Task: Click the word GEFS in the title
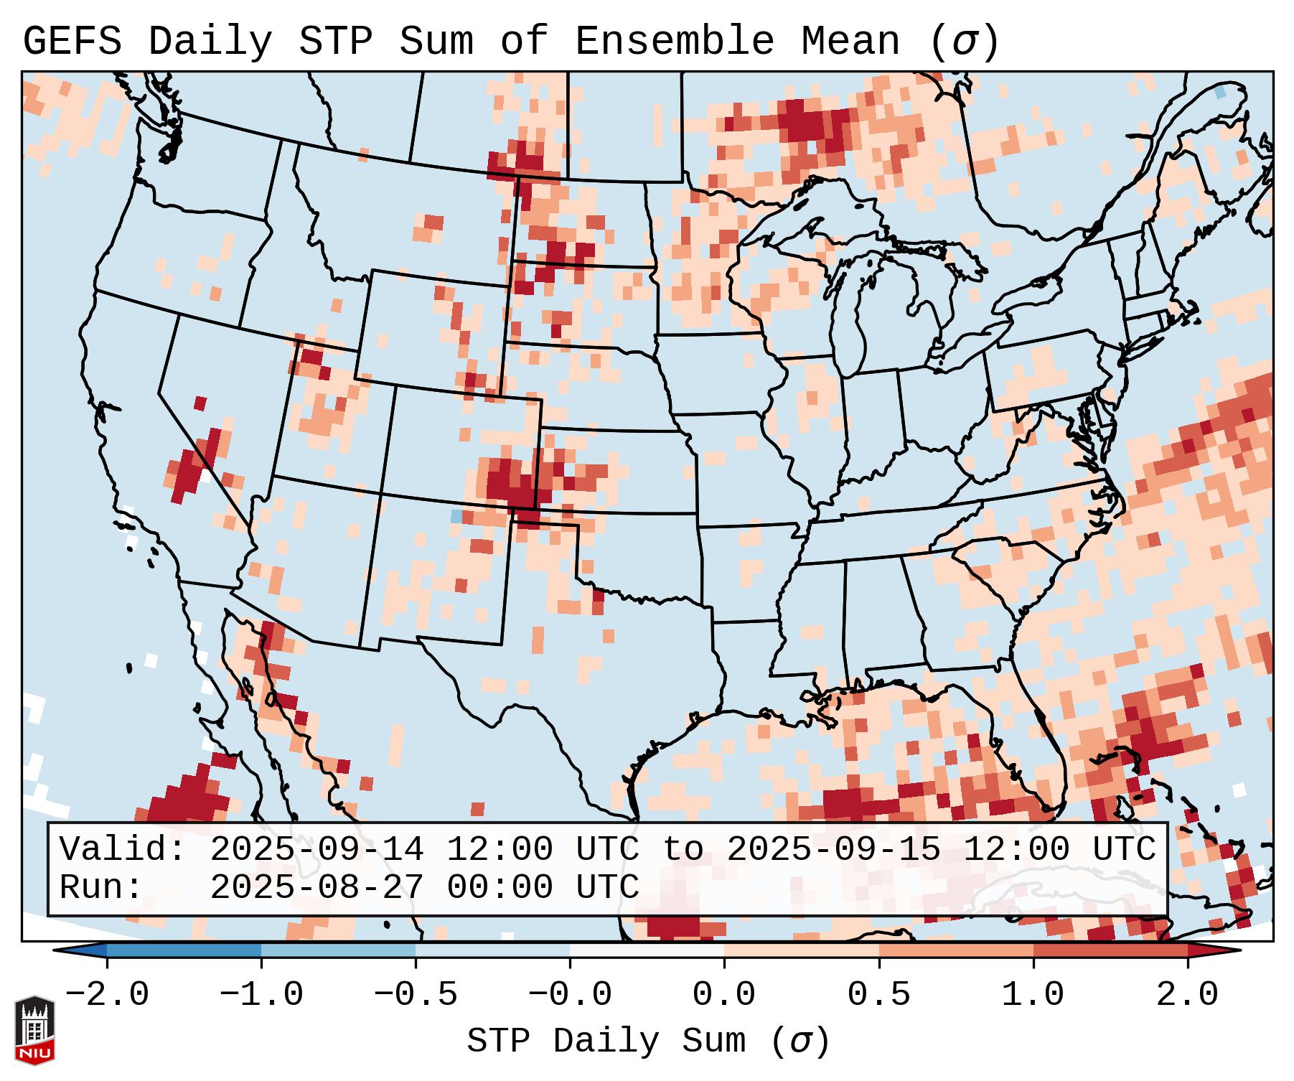[x=72, y=42]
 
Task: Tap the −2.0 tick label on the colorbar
[x=107, y=995]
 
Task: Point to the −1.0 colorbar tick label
[x=261, y=995]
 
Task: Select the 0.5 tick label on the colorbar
[x=879, y=995]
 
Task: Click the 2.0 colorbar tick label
[x=1188, y=995]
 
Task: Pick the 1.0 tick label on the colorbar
[x=1033, y=995]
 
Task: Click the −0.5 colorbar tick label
[x=416, y=995]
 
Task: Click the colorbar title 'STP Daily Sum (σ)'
[x=648, y=1042]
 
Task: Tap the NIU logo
[x=34, y=1030]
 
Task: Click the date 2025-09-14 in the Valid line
[x=317, y=850]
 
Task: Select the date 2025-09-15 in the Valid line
[x=833, y=850]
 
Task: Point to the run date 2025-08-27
[x=317, y=888]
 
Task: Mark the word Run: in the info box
[x=101, y=888]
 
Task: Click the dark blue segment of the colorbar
[x=184, y=950]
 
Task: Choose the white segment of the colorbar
[x=647, y=950]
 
